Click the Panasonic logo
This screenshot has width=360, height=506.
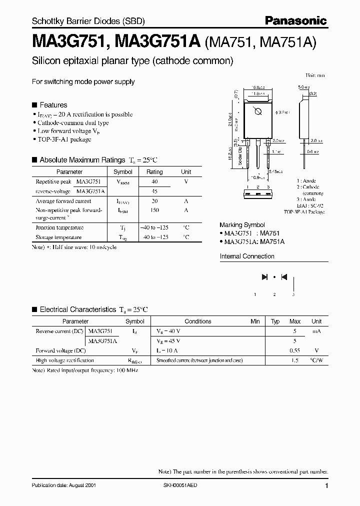pos(296,20)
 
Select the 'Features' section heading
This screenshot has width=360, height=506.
pos(53,105)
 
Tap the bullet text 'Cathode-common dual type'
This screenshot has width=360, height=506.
pos(73,122)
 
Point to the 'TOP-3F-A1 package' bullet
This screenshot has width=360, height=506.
pos(64,139)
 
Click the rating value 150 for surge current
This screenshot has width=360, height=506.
pos(154,211)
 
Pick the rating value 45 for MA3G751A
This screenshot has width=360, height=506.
pos(154,191)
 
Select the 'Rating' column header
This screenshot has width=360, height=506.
pos(154,171)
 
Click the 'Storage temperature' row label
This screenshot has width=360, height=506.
pos(58,237)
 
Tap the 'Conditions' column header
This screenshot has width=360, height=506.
pos(198,321)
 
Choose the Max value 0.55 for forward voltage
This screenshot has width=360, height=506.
pos(295,350)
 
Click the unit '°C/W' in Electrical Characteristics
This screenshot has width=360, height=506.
pos(316,360)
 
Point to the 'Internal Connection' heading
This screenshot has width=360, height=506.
pos(247,256)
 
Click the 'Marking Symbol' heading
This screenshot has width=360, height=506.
pos(242,225)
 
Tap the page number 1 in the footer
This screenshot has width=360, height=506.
pos(326,486)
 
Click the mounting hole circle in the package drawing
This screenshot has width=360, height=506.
pos(257,111)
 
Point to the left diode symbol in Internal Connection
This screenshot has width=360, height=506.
pos(264,276)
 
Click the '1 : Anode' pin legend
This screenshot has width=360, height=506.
pos(306,181)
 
